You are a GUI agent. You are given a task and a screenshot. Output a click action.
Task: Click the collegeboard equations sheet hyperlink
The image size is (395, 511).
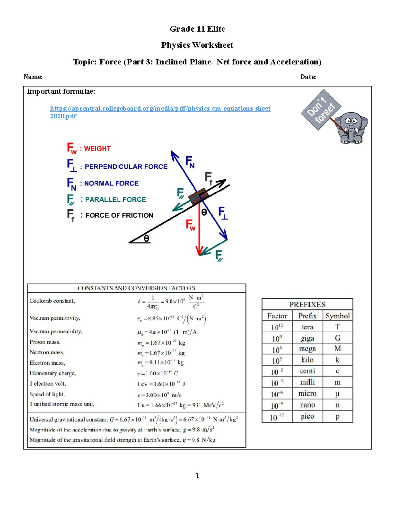(160, 109)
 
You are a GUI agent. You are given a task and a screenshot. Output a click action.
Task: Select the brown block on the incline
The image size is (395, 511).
(198, 196)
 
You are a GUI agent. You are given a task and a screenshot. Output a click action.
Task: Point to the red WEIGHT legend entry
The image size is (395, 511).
(89, 149)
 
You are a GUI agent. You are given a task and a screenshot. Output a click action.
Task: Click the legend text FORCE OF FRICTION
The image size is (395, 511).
(119, 216)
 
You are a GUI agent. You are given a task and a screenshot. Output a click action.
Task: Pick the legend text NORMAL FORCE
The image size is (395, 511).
(111, 183)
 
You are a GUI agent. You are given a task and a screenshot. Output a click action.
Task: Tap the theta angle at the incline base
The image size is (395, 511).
(146, 238)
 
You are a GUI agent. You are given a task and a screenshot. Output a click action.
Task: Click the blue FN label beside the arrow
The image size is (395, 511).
(190, 162)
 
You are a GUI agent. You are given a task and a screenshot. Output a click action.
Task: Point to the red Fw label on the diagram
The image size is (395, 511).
(191, 225)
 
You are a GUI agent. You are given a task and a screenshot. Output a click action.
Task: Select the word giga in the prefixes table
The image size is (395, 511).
(307, 338)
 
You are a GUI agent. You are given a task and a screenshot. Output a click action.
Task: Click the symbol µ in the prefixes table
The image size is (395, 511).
(337, 394)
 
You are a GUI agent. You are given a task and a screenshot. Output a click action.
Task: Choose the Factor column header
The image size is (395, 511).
(277, 316)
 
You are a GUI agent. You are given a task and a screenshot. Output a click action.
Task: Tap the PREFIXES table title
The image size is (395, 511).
(307, 305)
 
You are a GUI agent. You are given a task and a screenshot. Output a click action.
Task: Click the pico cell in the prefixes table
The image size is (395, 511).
(307, 417)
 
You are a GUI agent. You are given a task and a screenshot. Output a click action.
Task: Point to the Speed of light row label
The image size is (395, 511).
(47, 394)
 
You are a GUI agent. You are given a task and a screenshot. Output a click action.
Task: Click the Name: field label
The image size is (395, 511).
(33, 77)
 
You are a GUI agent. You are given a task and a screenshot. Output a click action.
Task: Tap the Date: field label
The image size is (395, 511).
(308, 77)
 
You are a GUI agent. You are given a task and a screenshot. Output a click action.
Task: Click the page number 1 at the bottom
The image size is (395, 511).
(197, 475)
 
